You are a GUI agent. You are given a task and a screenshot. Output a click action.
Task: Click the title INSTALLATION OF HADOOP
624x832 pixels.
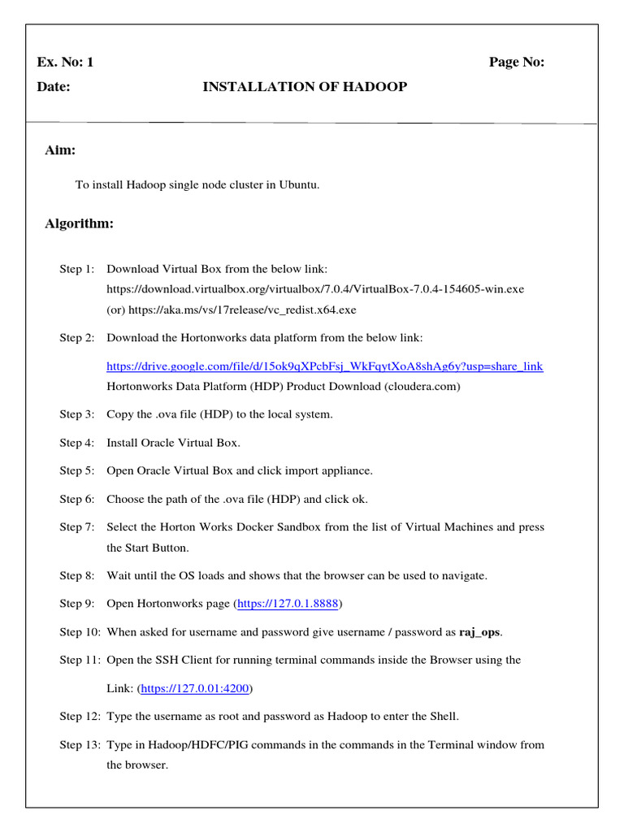305,87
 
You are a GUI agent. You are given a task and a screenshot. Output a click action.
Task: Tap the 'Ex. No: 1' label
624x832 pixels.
65,63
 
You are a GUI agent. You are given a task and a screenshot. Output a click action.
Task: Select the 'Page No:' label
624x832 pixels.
516,63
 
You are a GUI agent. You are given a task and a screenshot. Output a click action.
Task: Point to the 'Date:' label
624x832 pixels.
54,87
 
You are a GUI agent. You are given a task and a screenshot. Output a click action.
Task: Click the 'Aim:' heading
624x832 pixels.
60,150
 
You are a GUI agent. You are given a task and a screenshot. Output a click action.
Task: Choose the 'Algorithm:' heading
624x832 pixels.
79,223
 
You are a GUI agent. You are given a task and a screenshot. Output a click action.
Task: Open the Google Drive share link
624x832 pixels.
325,366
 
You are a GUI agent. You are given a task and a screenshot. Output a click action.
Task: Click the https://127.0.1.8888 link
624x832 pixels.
288,604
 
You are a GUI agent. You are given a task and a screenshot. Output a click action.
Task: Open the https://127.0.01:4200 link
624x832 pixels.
195,688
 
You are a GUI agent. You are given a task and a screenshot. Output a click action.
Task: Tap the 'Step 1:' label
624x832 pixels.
76,268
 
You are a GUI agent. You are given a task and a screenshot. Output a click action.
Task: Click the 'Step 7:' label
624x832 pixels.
76,527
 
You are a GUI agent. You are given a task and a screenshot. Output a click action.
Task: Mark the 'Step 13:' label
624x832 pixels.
80,744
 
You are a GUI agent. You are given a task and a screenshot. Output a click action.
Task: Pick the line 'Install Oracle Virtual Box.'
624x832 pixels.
173,443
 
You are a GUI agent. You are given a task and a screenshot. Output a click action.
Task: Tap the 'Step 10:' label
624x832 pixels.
80,631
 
